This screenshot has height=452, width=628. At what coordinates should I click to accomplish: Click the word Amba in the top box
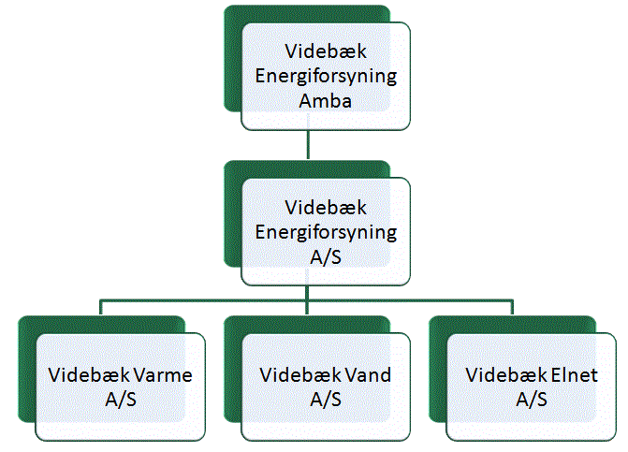[x=325, y=100]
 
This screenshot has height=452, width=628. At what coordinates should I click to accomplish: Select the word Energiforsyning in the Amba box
[x=326, y=77]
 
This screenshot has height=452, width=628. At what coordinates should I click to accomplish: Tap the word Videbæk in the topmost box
[x=326, y=51]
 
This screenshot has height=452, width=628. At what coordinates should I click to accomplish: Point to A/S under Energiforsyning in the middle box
[x=326, y=256]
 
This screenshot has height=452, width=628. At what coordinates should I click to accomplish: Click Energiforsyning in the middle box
[x=326, y=233]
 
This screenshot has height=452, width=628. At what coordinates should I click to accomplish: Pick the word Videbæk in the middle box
[x=326, y=208]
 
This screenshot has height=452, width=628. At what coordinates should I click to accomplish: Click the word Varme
[x=163, y=375]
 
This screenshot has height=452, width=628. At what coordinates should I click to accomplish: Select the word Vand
[x=368, y=375]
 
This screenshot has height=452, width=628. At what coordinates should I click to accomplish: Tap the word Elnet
[x=575, y=375]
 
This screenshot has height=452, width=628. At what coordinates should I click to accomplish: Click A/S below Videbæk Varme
[x=121, y=400]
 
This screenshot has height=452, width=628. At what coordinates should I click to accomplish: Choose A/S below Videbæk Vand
[x=326, y=400]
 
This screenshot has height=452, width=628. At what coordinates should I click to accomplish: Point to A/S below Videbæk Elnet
[x=532, y=400]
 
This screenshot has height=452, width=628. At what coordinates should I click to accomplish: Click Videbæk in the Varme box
[x=89, y=375]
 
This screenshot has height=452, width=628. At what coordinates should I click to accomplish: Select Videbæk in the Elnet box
[x=506, y=375]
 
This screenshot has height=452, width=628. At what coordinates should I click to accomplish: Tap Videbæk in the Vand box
[x=300, y=375]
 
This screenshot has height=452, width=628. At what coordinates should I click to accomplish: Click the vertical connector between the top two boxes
[x=308, y=144]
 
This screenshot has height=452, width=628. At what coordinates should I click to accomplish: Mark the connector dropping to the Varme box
[x=100, y=307]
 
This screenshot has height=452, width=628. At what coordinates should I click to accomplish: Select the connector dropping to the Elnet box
[x=512, y=307]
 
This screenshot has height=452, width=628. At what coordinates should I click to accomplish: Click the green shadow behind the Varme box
[x=27, y=369]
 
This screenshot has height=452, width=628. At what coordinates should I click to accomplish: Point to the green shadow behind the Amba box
[x=233, y=60]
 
